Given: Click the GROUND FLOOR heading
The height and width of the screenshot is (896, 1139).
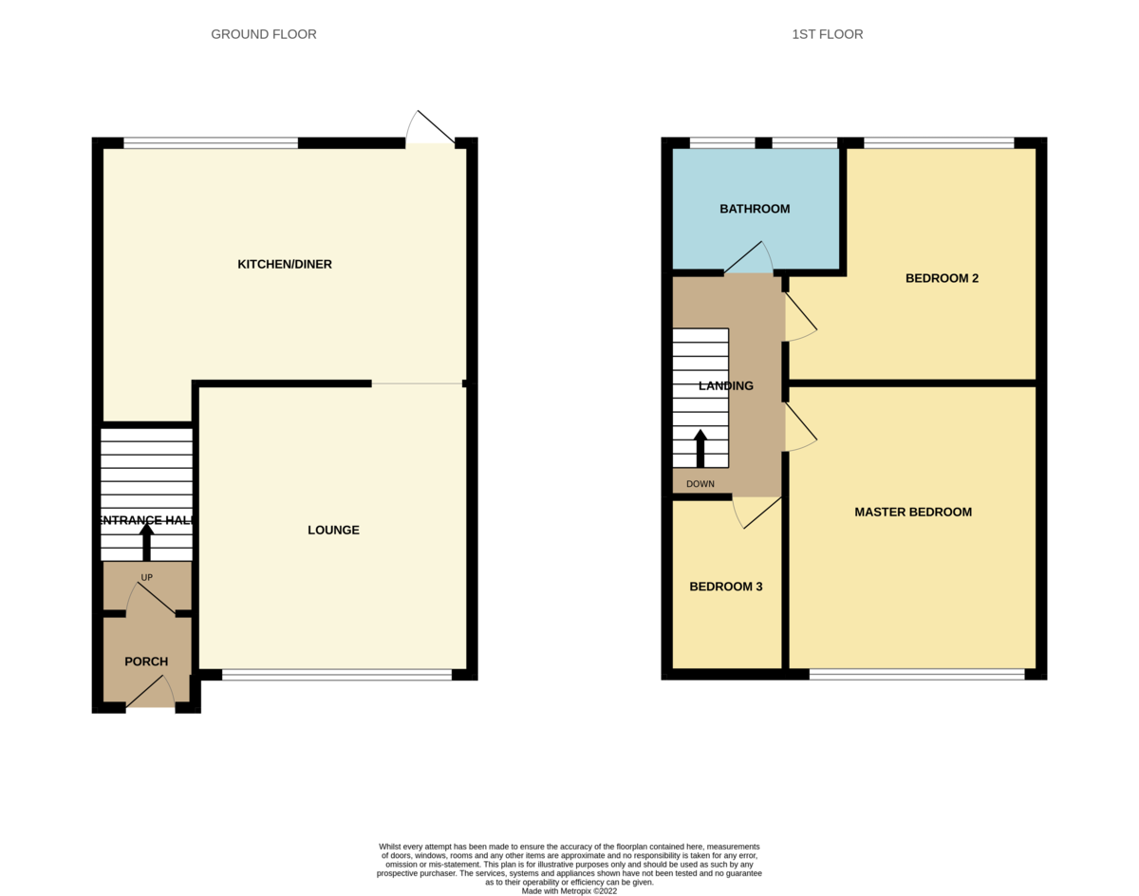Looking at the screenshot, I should pyautogui.click(x=263, y=34).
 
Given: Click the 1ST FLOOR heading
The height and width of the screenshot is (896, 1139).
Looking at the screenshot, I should pyautogui.click(x=827, y=34).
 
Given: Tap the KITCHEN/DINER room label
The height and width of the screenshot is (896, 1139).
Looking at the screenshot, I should pyautogui.click(x=285, y=264).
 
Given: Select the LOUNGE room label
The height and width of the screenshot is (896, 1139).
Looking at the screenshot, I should pyautogui.click(x=333, y=530).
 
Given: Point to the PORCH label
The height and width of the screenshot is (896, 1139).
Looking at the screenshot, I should pyautogui.click(x=146, y=662).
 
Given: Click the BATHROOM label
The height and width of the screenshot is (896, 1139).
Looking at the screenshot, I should pyautogui.click(x=755, y=209).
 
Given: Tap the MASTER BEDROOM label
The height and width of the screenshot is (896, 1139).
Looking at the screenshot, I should pyautogui.click(x=913, y=512).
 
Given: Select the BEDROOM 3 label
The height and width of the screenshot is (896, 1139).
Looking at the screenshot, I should pyautogui.click(x=726, y=587).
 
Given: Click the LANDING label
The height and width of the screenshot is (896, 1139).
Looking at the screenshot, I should pyautogui.click(x=726, y=385).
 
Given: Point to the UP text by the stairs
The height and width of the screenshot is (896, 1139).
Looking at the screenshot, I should pyautogui.click(x=147, y=577).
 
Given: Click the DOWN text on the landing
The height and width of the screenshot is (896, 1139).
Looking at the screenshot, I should pyautogui.click(x=700, y=484).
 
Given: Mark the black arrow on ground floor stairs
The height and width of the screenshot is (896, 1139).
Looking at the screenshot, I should pyautogui.click(x=147, y=541).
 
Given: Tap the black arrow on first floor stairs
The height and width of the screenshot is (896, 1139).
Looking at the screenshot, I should pyautogui.click(x=700, y=448).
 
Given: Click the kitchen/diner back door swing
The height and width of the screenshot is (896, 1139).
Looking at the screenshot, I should pyautogui.click(x=430, y=128).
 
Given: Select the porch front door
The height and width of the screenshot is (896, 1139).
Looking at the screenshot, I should pyautogui.click(x=150, y=692).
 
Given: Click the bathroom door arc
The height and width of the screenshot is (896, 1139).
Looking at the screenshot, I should pyautogui.click(x=749, y=256).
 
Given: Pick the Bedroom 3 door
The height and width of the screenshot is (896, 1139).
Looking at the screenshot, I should pyautogui.click(x=756, y=513).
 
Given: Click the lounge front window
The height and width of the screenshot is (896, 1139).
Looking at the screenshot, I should pyautogui.click(x=337, y=675).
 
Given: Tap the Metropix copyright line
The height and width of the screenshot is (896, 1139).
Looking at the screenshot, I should pyautogui.click(x=569, y=891).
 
